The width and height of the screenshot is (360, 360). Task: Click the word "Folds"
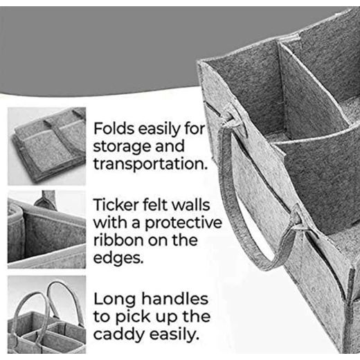tap(114, 128)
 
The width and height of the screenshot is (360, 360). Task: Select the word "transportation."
tap(150, 163)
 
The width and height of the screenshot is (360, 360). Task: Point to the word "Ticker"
tap(116, 205)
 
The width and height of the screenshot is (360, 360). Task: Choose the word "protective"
tap(183, 223)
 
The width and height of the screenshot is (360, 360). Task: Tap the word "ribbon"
tap(118, 240)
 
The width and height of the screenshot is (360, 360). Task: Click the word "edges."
tap(118, 258)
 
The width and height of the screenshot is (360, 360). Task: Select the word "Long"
tap(114, 299)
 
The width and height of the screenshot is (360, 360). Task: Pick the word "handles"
tap(174, 298)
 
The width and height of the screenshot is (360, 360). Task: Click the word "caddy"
tap(118, 334)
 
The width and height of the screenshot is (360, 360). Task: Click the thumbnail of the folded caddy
tap(46, 146)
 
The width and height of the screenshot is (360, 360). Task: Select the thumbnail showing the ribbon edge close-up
tap(46, 229)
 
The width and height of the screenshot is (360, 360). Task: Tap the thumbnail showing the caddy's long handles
tap(46, 314)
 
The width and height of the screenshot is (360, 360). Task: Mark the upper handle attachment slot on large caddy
tap(231, 119)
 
